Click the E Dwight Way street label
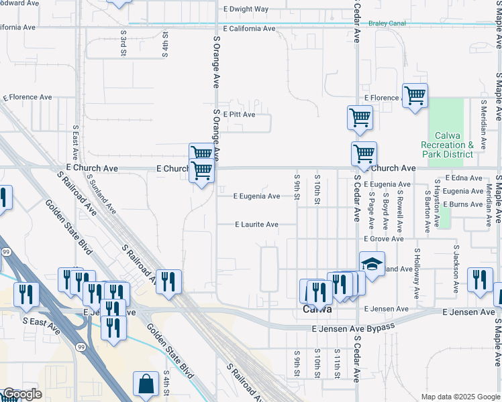tap(245, 9)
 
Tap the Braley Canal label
tap(388, 23)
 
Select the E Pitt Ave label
tap(239, 115)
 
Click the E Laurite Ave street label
tap(256, 224)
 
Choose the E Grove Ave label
tap(384, 239)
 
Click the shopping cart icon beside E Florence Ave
tap(415, 95)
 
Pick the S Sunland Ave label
tap(102, 194)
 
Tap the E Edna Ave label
tap(463, 178)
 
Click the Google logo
tap(21, 394)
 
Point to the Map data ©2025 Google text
tap(460, 397)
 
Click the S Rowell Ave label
tap(399, 208)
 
